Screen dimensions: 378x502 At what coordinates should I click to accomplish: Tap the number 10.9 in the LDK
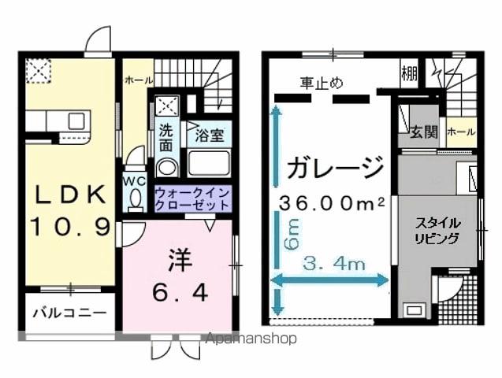(69, 228)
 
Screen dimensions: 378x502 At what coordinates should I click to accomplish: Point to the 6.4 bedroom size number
(180, 292)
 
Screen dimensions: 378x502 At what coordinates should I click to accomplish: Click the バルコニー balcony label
(69, 313)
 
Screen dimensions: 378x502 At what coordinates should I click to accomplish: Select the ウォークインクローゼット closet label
(192, 198)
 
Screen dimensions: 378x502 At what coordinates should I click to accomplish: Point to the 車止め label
(321, 82)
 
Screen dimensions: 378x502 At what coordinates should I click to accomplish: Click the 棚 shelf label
(408, 73)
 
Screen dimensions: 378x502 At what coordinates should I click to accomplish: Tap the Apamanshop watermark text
(251, 339)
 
